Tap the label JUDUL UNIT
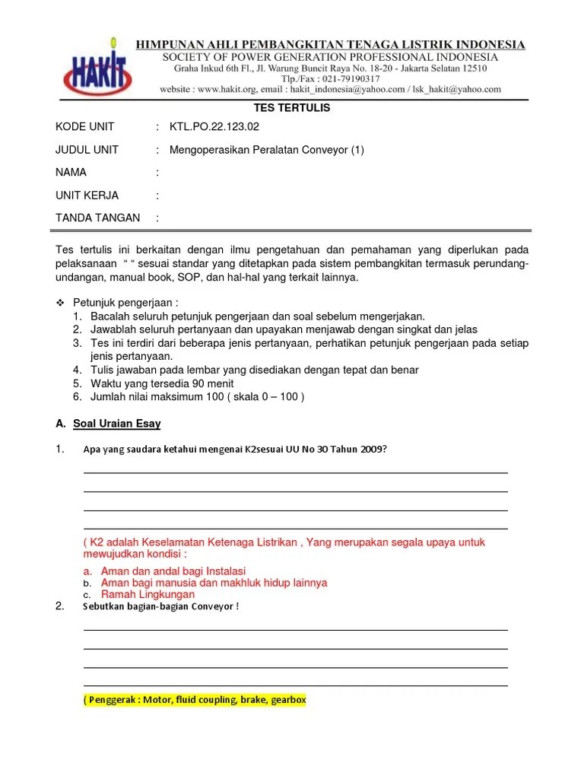tap(87, 150)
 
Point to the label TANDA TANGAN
tap(97, 218)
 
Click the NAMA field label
tap(71, 173)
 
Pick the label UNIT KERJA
tap(87, 196)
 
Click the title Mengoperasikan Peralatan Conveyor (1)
tap(267, 150)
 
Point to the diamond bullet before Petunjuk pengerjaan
tap(61, 303)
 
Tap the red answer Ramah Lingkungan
tap(148, 594)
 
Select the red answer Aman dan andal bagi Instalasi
tap(173, 571)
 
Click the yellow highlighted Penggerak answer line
tap(195, 701)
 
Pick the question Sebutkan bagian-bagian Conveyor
tap(160, 606)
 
